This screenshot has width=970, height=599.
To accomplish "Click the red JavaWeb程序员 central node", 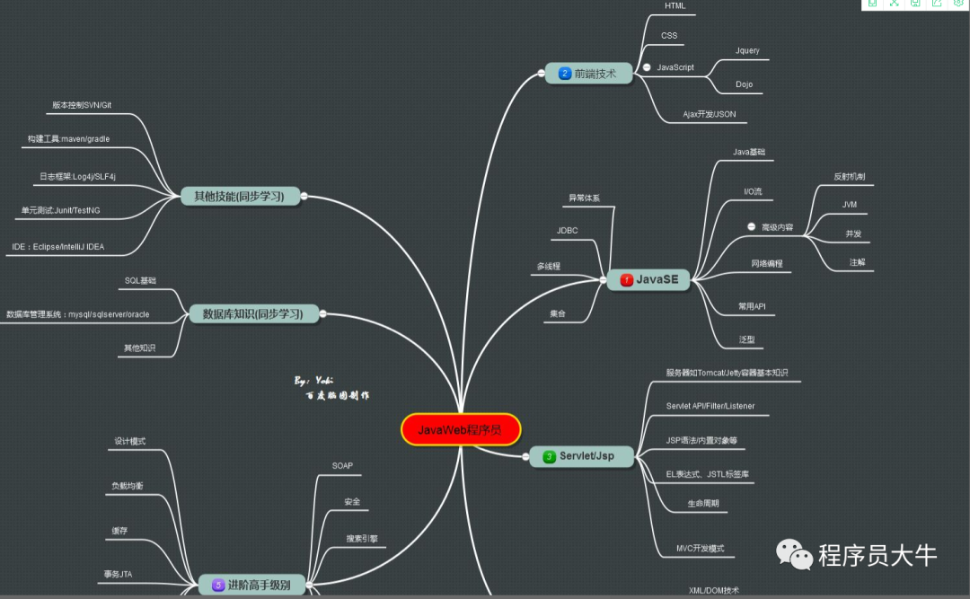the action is point(461,429).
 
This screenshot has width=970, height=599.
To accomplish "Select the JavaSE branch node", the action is point(648,280).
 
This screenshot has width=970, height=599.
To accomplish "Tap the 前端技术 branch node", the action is point(588,74).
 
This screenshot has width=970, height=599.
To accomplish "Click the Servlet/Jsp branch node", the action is point(581,456).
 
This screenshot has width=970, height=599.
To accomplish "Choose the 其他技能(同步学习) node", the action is point(240,196).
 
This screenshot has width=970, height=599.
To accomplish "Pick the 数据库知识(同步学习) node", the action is point(253,313).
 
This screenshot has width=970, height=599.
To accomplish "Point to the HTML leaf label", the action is point(675,6).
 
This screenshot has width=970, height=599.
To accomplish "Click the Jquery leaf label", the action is point(747,50).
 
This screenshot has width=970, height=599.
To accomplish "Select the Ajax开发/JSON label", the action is point(709,115).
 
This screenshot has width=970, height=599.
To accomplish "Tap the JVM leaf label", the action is point(849,205).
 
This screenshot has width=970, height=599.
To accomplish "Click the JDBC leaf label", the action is point(567,231).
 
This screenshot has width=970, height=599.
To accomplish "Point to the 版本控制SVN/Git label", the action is point(82,105).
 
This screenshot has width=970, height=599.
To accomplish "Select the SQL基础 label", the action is point(140,281).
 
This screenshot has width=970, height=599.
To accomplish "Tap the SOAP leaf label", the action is point(342,466).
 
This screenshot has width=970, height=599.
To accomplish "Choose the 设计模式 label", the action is point(129,442).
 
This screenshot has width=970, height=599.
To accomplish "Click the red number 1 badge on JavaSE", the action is point(626,280).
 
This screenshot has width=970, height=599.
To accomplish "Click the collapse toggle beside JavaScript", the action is point(647,67).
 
